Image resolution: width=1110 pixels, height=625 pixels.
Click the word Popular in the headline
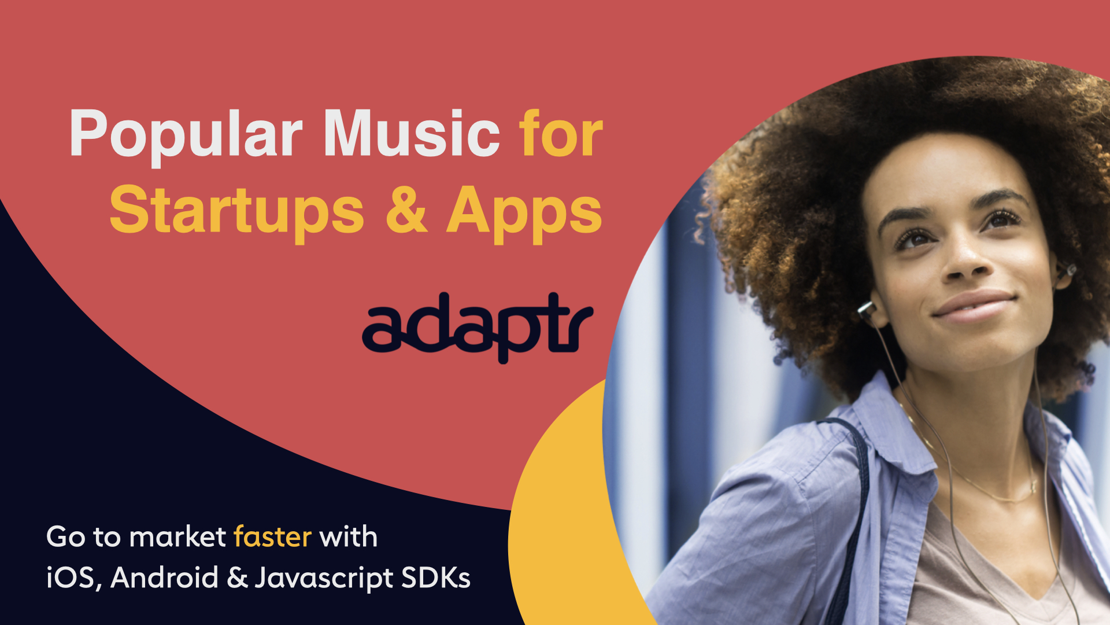coord(186,134)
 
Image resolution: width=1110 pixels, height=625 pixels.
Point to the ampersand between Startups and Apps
coord(406,209)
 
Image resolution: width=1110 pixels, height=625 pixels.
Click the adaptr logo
coord(478,327)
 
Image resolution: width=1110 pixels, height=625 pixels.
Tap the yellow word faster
coord(273,537)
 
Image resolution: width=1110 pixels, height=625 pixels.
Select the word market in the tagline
coord(177,537)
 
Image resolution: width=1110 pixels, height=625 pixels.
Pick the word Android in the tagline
coord(164,578)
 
